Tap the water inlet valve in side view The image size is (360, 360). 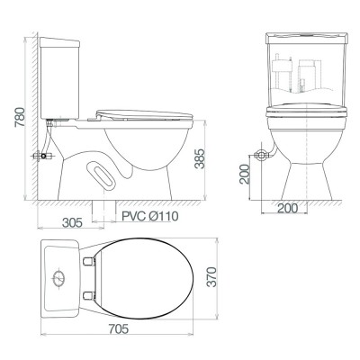pos(40,157)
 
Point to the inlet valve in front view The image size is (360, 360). pos(262,157)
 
